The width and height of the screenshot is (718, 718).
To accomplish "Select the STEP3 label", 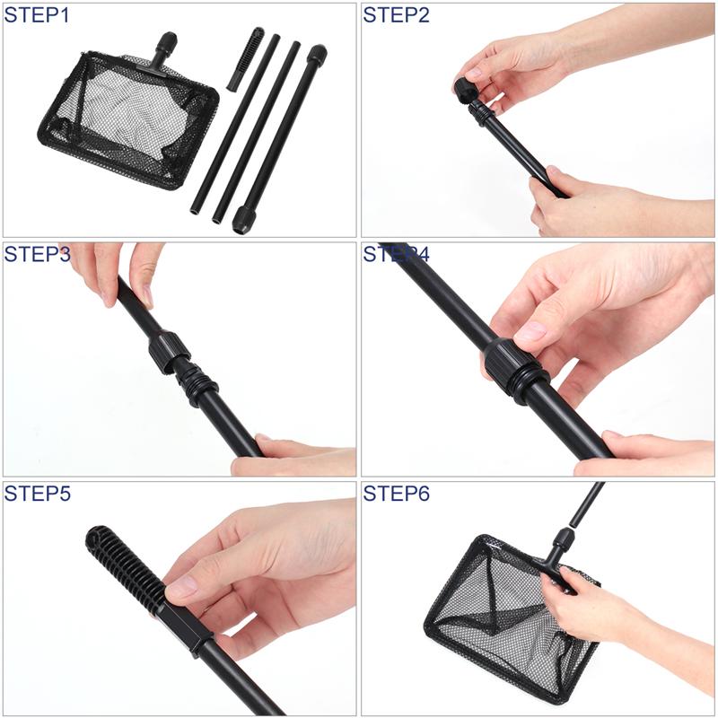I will pyautogui.click(x=38, y=254).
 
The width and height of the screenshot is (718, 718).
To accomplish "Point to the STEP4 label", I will pyautogui.click(x=397, y=254).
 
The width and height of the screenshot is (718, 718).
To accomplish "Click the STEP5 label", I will pyautogui.click(x=38, y=494).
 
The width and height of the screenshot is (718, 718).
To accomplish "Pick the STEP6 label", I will pyautogui.click(x=397, y=494).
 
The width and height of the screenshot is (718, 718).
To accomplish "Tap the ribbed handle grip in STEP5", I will pyautogui.click(x=126, y=565).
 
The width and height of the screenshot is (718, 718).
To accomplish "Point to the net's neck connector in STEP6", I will pyautogui.click(x=562, y=547).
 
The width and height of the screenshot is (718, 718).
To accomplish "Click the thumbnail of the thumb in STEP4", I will pyautogui.click(x=530, y=331).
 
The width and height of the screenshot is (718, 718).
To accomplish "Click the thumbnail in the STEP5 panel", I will pyautogui.click(x=181, y=587).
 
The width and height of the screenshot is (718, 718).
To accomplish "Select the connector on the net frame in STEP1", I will pyautogui.click(x=165, y=49).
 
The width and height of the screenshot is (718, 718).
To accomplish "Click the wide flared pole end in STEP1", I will pyautogui.click(x=243, y=218).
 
